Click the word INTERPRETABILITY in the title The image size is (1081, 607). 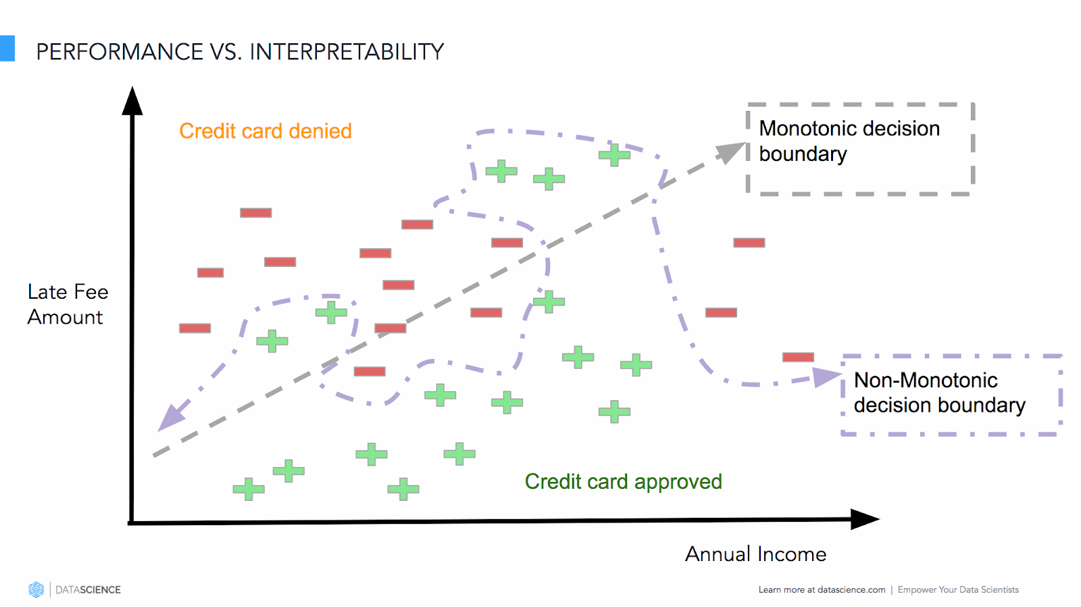pyautogui.click(x=347, y=52)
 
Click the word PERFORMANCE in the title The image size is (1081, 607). pyautogui.click(x=120, y=52)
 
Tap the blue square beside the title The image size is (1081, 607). pyautogui.click(x=7, y=49)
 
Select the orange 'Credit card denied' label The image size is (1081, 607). pyautogui.click(x=266, y=130)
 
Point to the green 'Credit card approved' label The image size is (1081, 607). pyautogui.click(x=623, y=481)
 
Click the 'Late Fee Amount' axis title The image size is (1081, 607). pyautogui.click(x=68, y=304)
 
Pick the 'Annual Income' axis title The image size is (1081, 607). pyautogui.click(x=755, y=554)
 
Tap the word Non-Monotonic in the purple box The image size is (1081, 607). pyautogui.click(x=926, y=381)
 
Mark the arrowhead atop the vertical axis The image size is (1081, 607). pyautogui.click(x=132, y=101)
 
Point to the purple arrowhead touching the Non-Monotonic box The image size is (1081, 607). pyautogui.click(x=826, y=377)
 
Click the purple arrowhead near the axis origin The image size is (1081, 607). pyautogui.click(x=170, y=416)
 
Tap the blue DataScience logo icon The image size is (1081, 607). pyautogui.click(x=36, y=589)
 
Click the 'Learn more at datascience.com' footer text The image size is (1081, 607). pyautogui.click(x=822, y=590)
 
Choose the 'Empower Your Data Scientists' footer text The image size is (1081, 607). pyautogui.click(x=958, y=590)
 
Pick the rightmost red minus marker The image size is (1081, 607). pyautogui.click(x=798, y=357)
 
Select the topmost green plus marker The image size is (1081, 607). pyautogui.click(x=614, y=155)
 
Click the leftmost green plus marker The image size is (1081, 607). pyautogui.click(x=248, y=489)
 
